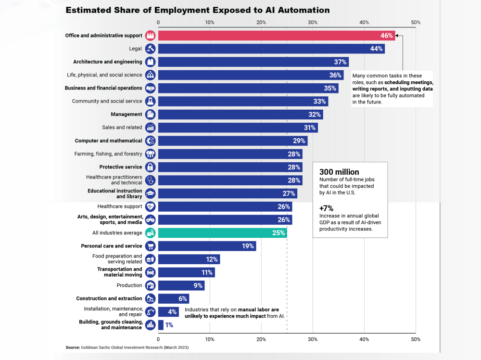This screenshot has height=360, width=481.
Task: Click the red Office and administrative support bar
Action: pyautogui.click(x=269, y=36)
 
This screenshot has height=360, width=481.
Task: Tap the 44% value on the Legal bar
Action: pyautogui.click(x=376, y=49)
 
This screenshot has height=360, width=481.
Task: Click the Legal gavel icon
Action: pyautogui.click(x=150, y=49)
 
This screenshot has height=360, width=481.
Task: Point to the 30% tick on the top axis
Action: pyautogui.click(x=313, y=23)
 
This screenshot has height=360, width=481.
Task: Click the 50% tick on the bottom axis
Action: pyautogui.click(x=416, y=339)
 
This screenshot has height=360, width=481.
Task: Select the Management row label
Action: pyautogui.click(x=127, y=115)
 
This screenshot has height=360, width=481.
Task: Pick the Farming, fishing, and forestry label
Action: pyautogui.click(x=108, y=154)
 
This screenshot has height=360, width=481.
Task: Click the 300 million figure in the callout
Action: pyautogui.click(x=339, y=172)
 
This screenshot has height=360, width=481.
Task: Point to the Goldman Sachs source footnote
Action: pyautogui.click(x=127, y=347)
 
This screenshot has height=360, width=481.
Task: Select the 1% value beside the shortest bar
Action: pyautogui.click(x=169, y=325)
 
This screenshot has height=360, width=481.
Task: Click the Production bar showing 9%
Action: pyautogui.click(x=181, y=285)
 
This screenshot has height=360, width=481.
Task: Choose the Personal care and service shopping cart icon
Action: pyautogui.click(x=150, y=246)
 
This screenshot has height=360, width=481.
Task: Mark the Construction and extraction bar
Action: pyautogui.click(x=174, y=298)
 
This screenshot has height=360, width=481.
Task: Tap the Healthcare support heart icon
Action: pyautogui.click(x=150, y=206)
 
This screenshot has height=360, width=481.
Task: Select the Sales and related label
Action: pyautogui.click(x=122, y=128)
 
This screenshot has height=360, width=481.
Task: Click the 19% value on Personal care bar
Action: pyautogui.click(x=248, y=246)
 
